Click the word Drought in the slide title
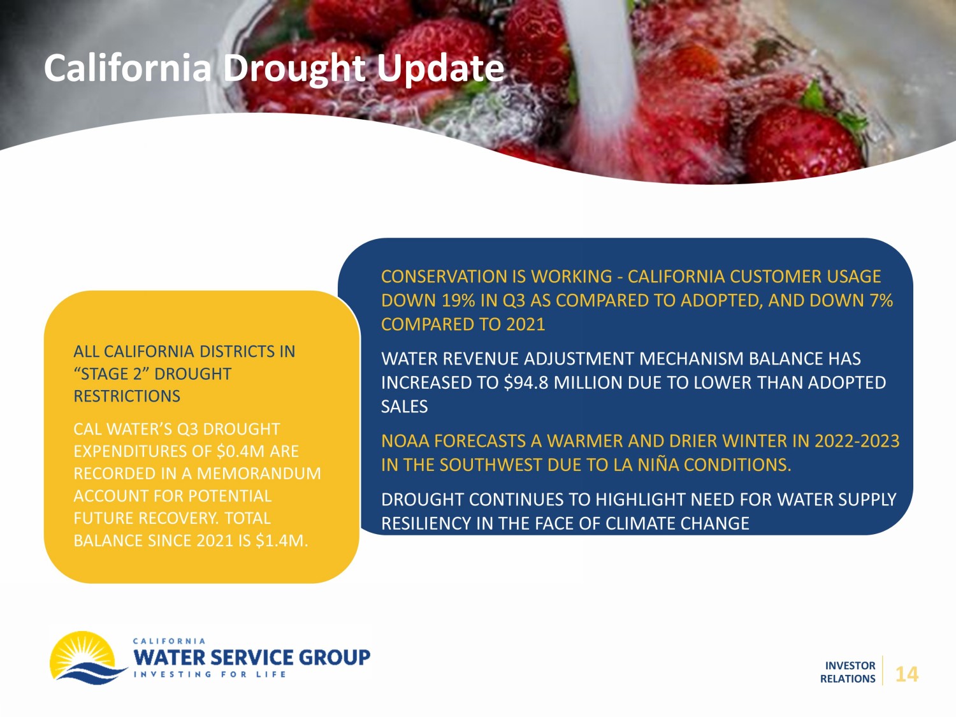(x=294, y=69)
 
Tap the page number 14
(x=906, y=674)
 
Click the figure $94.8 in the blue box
(x=526, y=382)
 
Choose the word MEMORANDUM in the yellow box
(x=259, y=474)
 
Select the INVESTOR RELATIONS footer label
(x=848, y=672)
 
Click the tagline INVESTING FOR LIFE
(x=210, y=674)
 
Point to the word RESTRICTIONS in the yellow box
(x=127, y=396)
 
